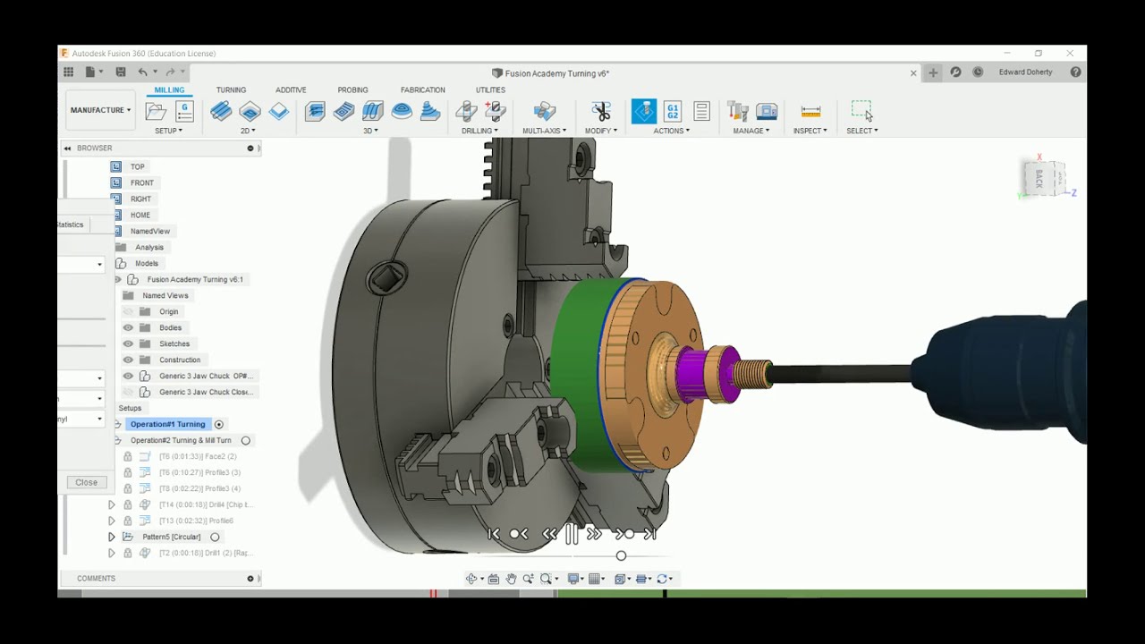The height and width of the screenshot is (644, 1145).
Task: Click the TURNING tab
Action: click(x=231, y=90)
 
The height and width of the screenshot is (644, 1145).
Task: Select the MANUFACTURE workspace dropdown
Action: click(x=100, y=110)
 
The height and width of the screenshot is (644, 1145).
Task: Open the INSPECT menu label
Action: click(x=810, y=131)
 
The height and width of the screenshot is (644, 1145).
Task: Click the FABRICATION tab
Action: click(x=422, y=90)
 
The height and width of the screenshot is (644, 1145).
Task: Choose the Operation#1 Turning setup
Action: click(x=167, y=424)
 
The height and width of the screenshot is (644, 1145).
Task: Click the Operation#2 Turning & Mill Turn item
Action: click(x=181, y=440)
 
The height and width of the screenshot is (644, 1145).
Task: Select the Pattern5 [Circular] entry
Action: click(x=171, y=537)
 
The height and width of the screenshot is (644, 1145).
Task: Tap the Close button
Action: click(x=87, y=482)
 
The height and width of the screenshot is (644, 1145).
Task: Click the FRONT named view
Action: click(x=141, y=182)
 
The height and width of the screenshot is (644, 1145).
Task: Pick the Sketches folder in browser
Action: click(x=174, y=343)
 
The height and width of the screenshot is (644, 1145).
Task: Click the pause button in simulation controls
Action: click(x=571, y=534)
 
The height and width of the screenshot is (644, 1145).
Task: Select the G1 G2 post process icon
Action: click(x=673, y=111)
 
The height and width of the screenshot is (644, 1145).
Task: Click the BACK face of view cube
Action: click(x=1039, y=178)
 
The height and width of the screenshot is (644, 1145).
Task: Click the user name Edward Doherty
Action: click(x=1025, y=72)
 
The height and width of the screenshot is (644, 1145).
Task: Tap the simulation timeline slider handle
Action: click(x=621, y=555)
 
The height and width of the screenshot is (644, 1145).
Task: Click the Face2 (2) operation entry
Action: click(x=199, y=456)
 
